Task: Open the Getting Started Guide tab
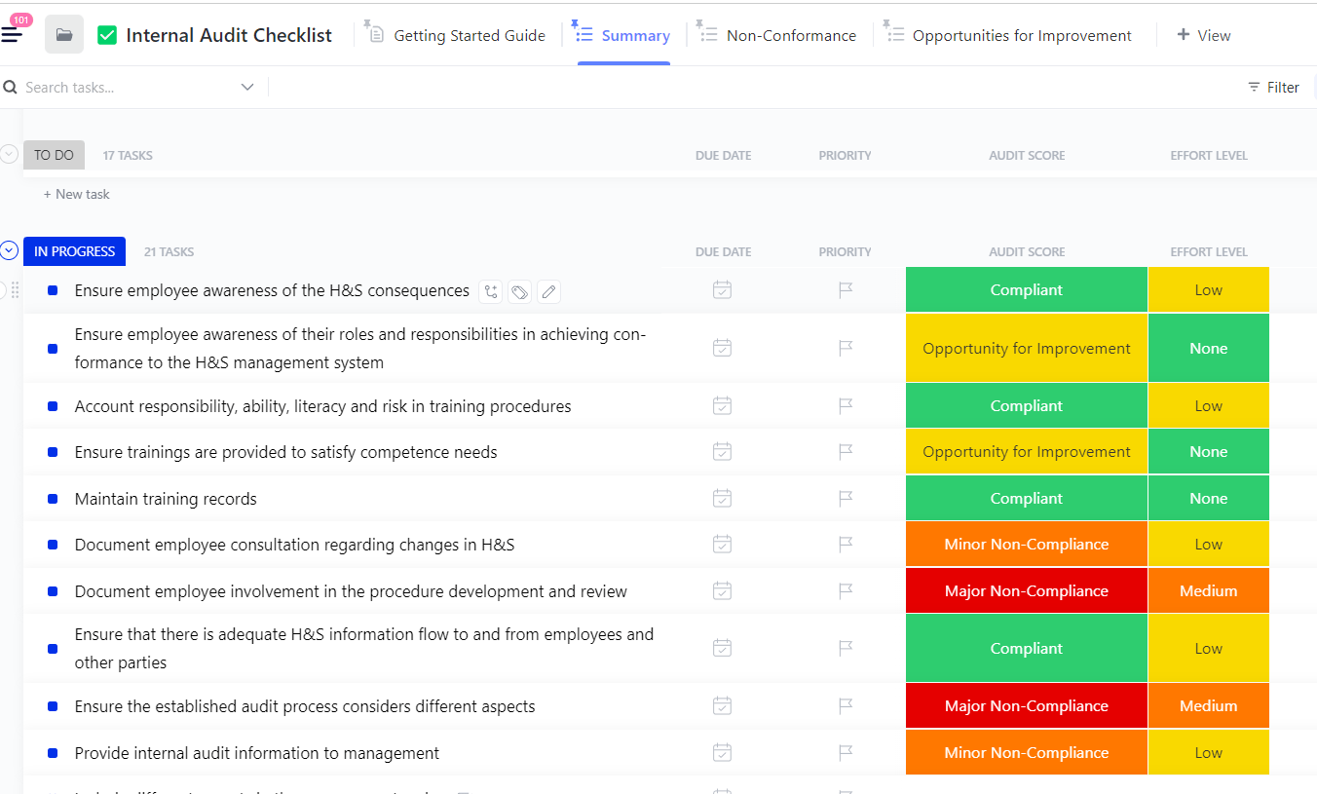pyautogui.click(x=469, y=35)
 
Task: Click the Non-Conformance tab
pyautogui.click(x=790, y=35)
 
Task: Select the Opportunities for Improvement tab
pyautogui.click(x=1021, y=35)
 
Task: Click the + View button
pyautogui.click(x=1204, y=35)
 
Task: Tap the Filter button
pyautogui.click(x=1273, y=88)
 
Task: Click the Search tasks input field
pyautogui.click(x=127, y=88)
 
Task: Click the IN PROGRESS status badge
pyautogui.click(x=74, y=251)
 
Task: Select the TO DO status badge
pyautogui.click(x=54, y=155)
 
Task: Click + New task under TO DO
pyautogui.click(x=77, y=194)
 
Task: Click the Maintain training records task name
pyautogui.click(x=166, y=499)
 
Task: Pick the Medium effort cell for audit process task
pyautogui.click(x=1208, y=706)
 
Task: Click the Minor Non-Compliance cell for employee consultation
pyautogui.click(x=1026, y=545)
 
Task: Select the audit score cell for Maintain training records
pyautogui.click(x=1026, y=499)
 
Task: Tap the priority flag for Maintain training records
pyautogui.click(x=846, y=499)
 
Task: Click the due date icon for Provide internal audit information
pyautogui.click(x=722, y=753)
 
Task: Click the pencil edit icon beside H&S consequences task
pyautogui.click(x=548, y=291)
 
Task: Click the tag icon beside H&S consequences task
pyautogui.click(x=519, y=291)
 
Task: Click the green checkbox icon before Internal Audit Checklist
pyautogui.click(x=107, y=36)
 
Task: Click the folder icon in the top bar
pyautogui.click(x=64, y=35)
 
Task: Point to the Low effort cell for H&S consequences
pyautogui.click(x=1208, y=290)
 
